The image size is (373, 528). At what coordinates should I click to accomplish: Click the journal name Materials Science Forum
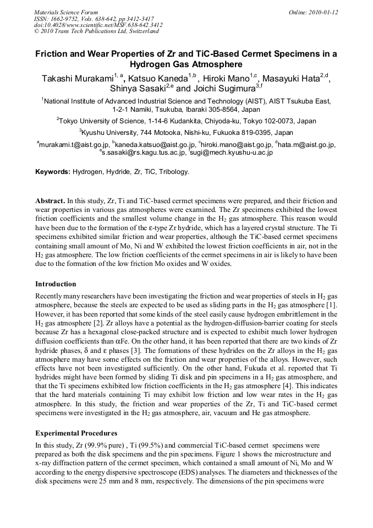[x=66, y=12]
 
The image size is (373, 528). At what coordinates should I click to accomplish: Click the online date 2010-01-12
[x=323, y=12]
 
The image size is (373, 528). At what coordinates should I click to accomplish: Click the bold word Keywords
[x=52, y=172]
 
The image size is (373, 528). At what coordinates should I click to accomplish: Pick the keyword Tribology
[x=174, y=172]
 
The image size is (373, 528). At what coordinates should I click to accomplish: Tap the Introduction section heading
[x=56, y=284]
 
